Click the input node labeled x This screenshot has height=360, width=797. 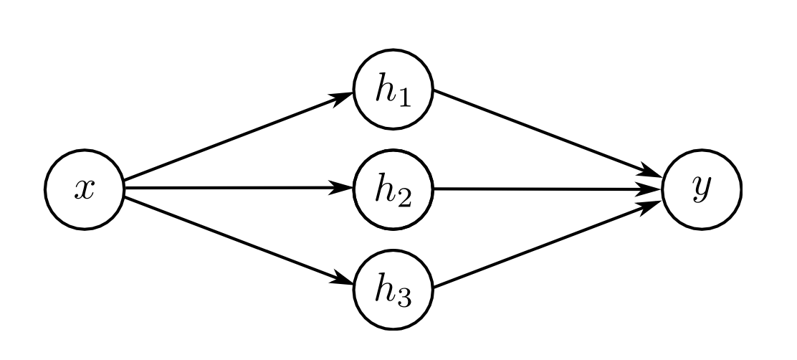[x=85, y=189]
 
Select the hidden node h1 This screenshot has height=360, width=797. [x=393, y=90]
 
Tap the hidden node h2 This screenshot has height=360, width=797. [x=393, y=189]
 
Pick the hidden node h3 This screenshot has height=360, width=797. [x=393, y=290]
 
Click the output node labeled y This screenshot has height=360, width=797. [x=702, y=189]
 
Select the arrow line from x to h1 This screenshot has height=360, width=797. [x=239, y=136]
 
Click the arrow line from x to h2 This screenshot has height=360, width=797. [x=239, y=188]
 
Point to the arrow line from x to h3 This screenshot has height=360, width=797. [x=239, y=240]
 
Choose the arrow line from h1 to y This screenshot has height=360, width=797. [x=548, y=133]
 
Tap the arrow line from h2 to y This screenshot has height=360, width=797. [x=548, y=189]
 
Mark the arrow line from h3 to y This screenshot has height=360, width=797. [x=548, y=245]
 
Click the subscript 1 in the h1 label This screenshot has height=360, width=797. [x=404, y=99]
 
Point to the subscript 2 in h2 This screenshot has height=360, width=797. [x=404, y=199]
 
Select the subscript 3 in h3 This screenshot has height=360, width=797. [x=404, y=299]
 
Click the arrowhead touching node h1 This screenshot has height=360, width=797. [x=342, y=98]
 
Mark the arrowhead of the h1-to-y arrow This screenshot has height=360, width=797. [x=651, y=171]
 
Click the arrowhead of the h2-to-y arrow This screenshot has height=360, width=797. [x=651, y=189]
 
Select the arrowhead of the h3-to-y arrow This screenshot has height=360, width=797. [x=651, y=207]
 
